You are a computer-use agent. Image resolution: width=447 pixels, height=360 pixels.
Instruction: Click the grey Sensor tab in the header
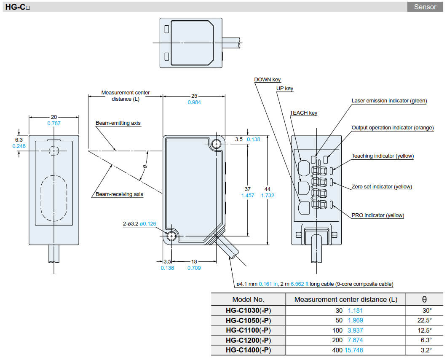pyautogui.click(x=425, y=7)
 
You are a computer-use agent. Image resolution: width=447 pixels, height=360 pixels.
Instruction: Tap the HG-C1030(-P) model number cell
pyautogui.click(x=248, y=311)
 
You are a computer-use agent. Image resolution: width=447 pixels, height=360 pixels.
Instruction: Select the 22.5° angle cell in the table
pyautogui.click(x=424, y=320)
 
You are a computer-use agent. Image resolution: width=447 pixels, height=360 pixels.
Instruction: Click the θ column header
pyautogui.click(x=424, y=299)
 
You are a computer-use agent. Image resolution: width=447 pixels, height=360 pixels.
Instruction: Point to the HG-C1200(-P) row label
pyautogui.click(x=248, y=340)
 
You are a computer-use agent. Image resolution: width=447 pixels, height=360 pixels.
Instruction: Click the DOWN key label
pyautogui.click(x=267, y=80)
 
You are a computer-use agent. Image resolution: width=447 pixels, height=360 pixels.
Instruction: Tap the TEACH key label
pyautogui.click(x=303, y=113)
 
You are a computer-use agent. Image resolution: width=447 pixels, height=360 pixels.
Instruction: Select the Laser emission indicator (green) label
pyautogui.click(x=389, y=101)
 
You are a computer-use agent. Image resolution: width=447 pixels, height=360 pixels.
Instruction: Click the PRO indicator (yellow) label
pyautogui.click(x=377, y=215)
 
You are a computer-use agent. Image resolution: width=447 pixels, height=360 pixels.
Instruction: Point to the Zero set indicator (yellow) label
pyautogui.click(x=382, y=187)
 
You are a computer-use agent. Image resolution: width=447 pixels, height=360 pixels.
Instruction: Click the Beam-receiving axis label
pyautogui.click(x=119, y=194)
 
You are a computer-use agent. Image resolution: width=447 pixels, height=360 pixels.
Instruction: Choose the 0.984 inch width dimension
pyautogui.click(x=194, y=102)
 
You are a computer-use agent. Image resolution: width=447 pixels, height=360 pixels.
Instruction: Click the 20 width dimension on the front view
pyautogui.click(x=54, y=117)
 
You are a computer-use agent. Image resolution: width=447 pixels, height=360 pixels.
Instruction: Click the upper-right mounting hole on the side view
pyautogui.click(x=216, y=144)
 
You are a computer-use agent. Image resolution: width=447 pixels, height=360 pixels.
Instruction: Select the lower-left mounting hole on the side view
pyautogui.click(x=171, y=236)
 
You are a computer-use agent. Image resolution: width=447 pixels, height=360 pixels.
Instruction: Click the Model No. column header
pyautogui.click(x=248, y=299)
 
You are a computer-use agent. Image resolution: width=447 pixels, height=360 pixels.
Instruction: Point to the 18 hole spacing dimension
pyautogui.click(x=194, y=261)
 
